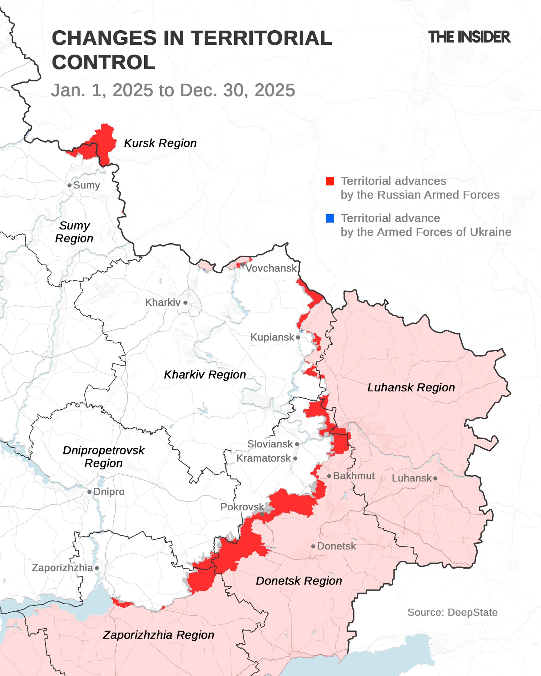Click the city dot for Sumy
coord(69,185)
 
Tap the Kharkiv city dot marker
coord(185,303)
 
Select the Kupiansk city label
coord(272,337)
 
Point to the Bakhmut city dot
coord(329,476)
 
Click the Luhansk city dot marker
coord(435,478)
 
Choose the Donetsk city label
coord(336,546)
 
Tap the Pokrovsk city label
coord(242,507)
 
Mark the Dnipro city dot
coord(89,492)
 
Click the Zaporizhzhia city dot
coord(97,568)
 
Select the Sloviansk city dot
coord(297,444)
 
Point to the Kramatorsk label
coord(263,458)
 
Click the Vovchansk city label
coord(271,269)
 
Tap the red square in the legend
coord(330,181)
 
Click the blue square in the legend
coord(330,218)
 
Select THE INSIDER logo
coord(469,37)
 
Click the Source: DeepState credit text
coord(452,612)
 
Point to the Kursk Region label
coord(160,143)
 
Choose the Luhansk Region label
coord(411,387)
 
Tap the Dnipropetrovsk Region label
coord(103,457)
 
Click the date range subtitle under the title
coord(173,90)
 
